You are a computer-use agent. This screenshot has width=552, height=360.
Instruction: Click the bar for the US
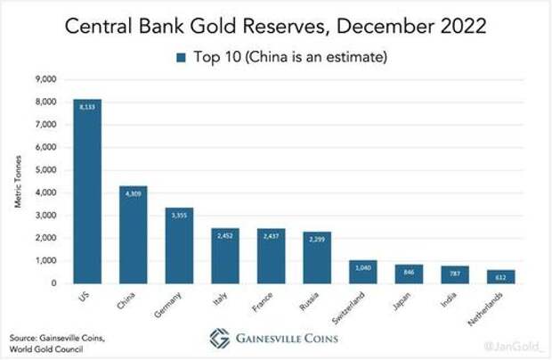[x=87, y=191]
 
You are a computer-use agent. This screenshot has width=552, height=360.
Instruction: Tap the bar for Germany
[x=180, y=245]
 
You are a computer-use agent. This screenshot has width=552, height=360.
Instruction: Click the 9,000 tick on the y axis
[x=45, y=78]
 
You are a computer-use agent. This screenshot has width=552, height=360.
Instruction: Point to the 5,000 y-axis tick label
[x=45, y=169]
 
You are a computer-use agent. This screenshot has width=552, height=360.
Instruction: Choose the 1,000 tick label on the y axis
[x=45, y=260]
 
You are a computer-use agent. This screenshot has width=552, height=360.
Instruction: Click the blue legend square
[x=180, y=58]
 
